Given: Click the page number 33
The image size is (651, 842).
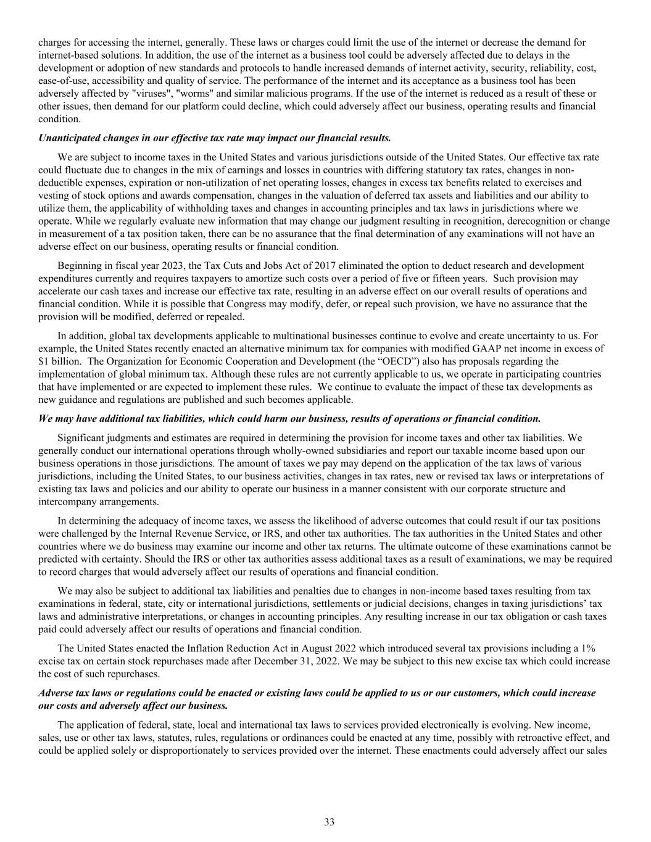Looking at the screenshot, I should (x=329, y=822).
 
